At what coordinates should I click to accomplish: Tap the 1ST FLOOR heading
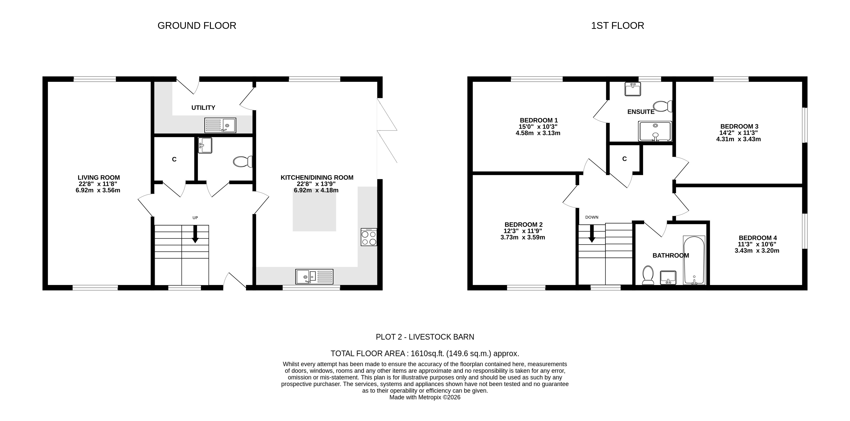click(617, 26)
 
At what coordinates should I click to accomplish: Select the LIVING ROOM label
click(99, 178)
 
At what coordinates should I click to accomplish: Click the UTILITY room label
click(203, 108)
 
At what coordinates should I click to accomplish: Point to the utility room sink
click(220, 125)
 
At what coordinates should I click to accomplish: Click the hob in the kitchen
click(369, 237)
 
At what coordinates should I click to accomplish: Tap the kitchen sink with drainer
click(314, 277)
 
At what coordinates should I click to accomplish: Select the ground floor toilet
click(243, 162)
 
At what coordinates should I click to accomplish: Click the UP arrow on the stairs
click(195, 234)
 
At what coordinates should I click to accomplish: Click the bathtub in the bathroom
click(694, 260)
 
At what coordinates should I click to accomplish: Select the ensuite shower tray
click(655, 131)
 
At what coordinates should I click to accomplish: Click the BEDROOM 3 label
click(739, 126)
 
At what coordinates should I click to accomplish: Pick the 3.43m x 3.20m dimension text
click(757, 251)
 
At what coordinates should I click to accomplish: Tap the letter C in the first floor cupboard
click(624, 159)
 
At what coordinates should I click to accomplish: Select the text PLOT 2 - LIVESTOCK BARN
click(425, 337)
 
